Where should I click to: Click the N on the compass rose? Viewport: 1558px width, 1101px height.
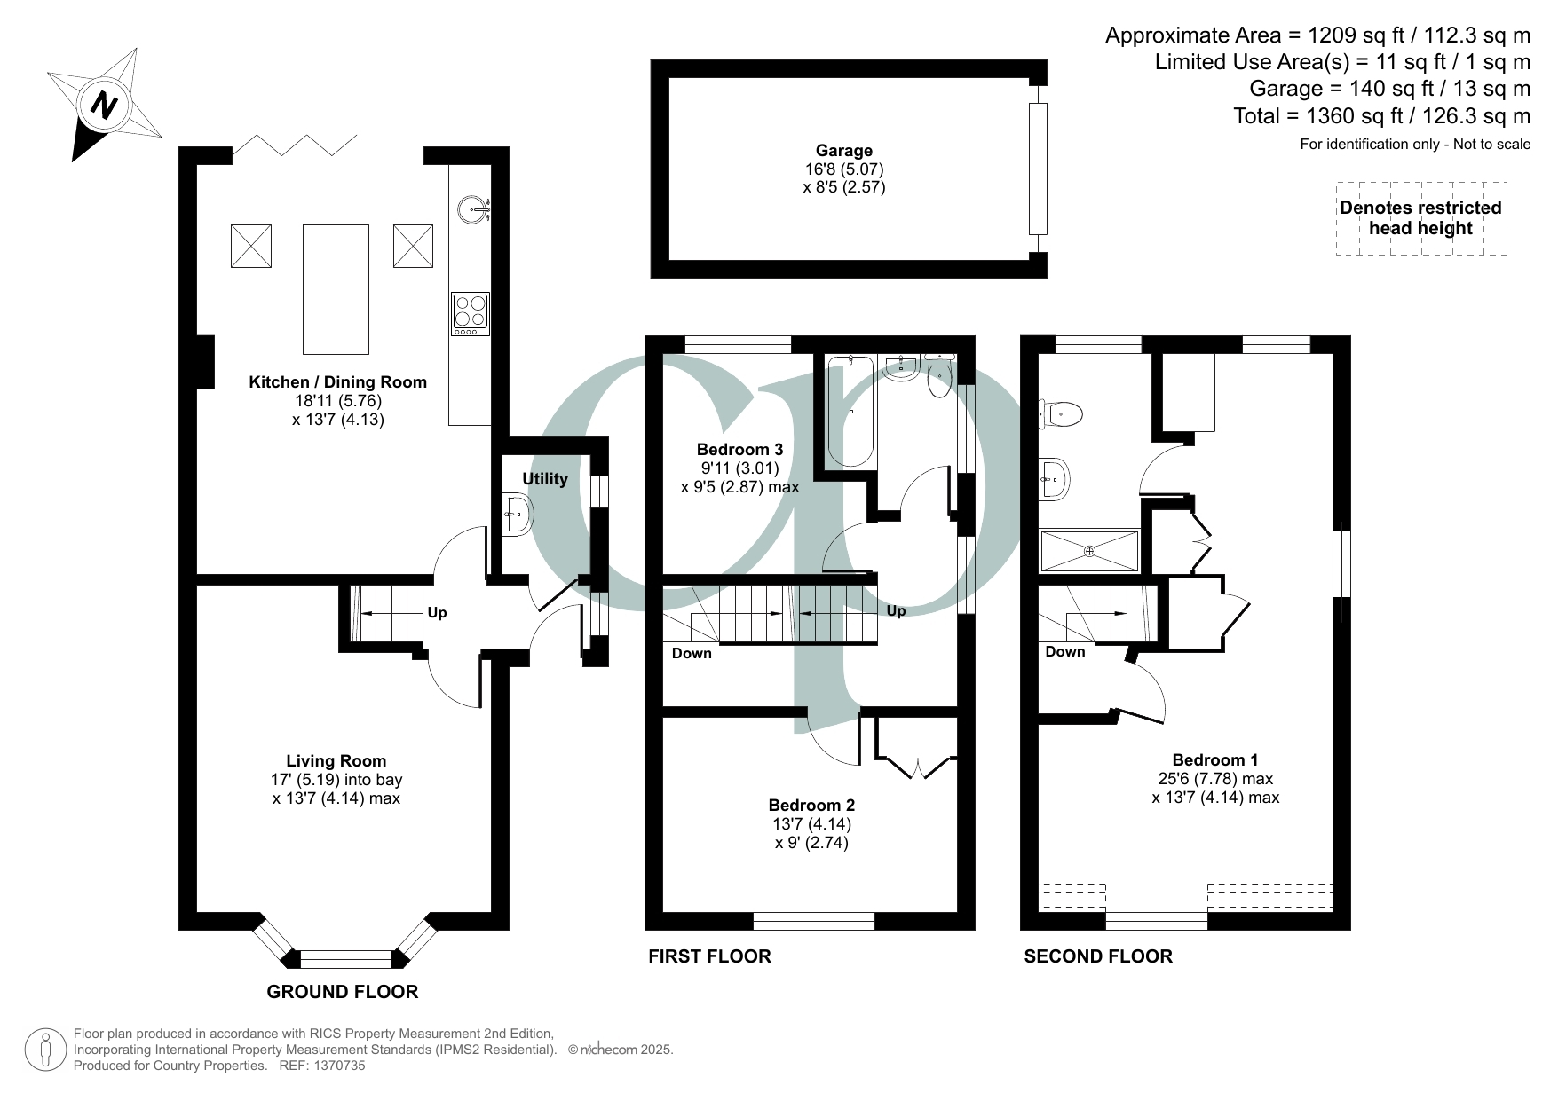point(105,106)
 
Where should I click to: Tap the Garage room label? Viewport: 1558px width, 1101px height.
point(843,151)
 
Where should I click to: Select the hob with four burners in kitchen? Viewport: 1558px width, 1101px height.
point(470,313)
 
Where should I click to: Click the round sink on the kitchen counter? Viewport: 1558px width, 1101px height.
point(472,210)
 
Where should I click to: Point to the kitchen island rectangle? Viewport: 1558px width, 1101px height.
point(336,289)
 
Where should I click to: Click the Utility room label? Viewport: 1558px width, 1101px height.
point(544,479)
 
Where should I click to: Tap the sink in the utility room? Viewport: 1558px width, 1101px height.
point(517,515)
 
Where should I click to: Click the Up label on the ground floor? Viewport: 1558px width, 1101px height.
point(437,613)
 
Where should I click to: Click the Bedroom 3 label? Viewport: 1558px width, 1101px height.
point(739,449)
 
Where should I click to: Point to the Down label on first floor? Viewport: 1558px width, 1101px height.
point(692,654)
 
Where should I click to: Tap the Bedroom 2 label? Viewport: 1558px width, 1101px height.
point(811,806)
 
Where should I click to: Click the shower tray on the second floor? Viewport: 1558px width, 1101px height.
point(1089,551)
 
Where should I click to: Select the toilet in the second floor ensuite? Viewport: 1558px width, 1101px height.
point(1062,413)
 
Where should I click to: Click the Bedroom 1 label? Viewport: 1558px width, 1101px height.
point(1214,760)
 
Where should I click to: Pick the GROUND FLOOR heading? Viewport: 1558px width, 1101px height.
point(343,992)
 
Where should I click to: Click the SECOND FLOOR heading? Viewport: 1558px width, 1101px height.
point(1098,956)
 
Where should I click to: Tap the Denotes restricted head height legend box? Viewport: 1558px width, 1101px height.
point(1420,218)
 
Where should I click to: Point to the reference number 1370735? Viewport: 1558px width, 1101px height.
point(335,1066)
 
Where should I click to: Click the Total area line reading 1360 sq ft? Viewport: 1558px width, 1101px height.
point(1381,116)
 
